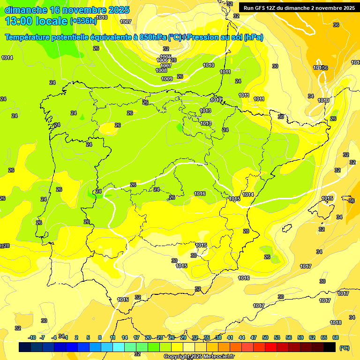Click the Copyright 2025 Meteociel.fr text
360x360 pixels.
[199, 357]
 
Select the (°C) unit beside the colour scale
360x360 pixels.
[345, 348]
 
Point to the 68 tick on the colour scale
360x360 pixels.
[335, 337]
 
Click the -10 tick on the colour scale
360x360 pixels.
[32, 337]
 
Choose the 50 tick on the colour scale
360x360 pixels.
[265, 337]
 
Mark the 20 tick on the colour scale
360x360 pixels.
[148, 337]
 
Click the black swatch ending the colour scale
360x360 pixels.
[330, 347]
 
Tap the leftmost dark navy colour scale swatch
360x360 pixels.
[25, 347]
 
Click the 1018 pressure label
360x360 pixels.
[336, 322]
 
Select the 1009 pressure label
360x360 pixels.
[167, 79]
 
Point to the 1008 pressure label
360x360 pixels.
[161, 71]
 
